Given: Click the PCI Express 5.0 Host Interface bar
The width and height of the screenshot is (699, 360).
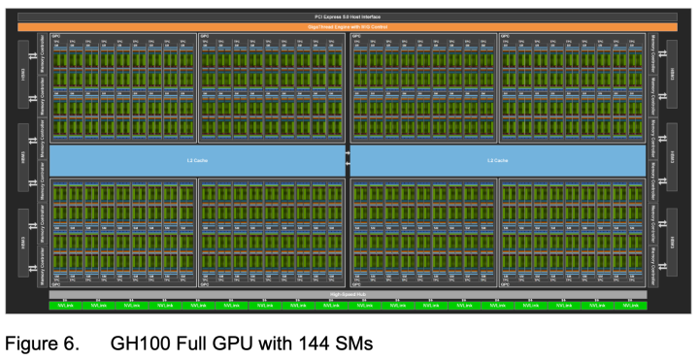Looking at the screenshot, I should click(x=348, y=16).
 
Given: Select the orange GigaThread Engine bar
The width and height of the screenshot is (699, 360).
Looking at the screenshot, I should click(x=348, y=27).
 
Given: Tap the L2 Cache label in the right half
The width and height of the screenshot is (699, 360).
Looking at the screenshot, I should click(x=497, y=160).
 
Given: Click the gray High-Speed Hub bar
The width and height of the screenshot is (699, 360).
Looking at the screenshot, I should click(x=348, y=294).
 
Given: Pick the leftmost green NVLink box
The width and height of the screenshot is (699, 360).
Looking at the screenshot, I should click(x=62, y=306).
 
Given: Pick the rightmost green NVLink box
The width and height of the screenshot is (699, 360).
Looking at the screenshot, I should click(x=633, y=306).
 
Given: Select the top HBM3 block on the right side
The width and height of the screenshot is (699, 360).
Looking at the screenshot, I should click(x=670, y=74).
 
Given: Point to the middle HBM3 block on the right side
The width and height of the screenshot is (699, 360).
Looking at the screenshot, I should click(x=670, y=157).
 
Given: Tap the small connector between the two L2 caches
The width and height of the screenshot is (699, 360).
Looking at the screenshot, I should click(x=348, y=160).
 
